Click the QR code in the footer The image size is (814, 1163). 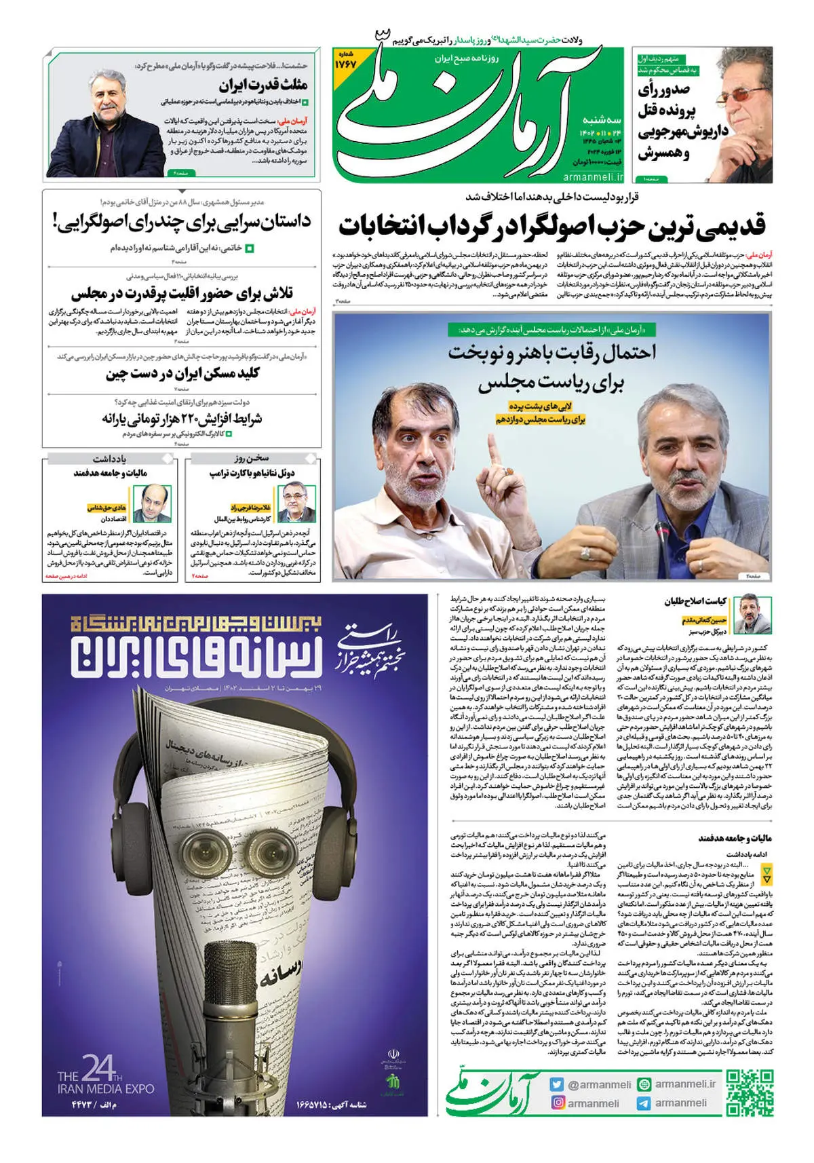click(x=750, y=1092)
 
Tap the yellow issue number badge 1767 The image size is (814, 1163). click(x=345, y=62)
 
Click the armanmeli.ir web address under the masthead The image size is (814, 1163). click(x=593, y=176)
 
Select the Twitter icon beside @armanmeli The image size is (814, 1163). click(x=558, y=1084)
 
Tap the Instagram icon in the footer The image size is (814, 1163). click(x=558, y=1103)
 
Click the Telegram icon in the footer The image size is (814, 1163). click(x=644, y=1103)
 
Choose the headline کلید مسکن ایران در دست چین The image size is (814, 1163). click(x=182, y=373)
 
